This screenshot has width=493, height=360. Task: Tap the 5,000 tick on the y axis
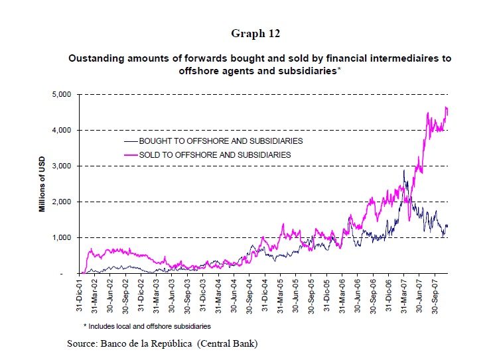(x=62, y=94)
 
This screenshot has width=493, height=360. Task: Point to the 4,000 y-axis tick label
(x=62, y=130)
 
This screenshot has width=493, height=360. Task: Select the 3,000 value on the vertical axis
(x=62, y=166)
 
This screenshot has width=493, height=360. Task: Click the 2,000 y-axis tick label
(x=62, y=202)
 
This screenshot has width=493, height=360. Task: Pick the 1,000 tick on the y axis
(x=62, y=237)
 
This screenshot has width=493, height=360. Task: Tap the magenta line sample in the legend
(x=131, y=154)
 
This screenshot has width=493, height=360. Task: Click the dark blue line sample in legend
(x=131, y=141)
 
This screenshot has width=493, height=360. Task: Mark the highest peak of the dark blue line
(x=404, y=170)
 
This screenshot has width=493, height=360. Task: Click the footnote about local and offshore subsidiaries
(x=147, y=326)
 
